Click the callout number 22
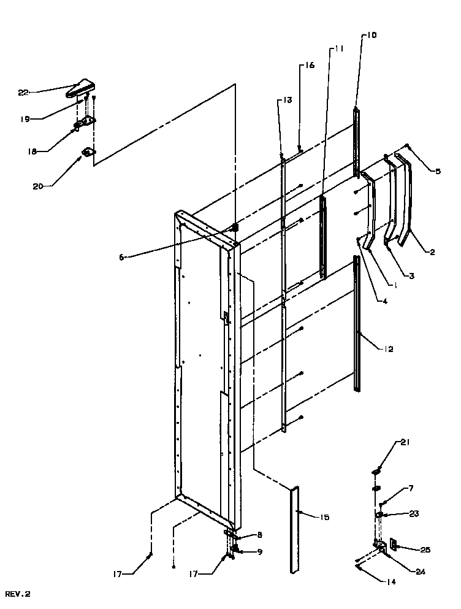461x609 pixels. (x=23, y=92)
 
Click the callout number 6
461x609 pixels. (x=122, y=258)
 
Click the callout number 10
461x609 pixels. (x=373, y=36)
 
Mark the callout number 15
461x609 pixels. (x=324, y=518)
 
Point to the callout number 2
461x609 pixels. (x=432, y=252)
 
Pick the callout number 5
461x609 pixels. (x=437, y=172)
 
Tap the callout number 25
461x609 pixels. (x=424, y=550)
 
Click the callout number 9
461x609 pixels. (x=260, y=552)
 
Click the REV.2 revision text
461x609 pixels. (x=18, y=594)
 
